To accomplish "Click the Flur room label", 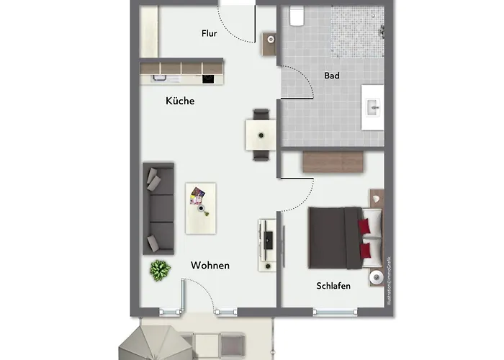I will (209, 32).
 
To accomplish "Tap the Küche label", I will (180, 102).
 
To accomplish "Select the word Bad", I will (332, 75).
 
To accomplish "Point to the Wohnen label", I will (210, 266).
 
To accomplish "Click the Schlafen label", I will (333, 286).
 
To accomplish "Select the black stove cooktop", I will (209, 78).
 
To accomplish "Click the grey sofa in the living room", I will (158, 209).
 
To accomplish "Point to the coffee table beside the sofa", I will (201, 207).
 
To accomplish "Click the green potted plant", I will (160, 270).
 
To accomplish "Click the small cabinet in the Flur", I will (270, 43).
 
